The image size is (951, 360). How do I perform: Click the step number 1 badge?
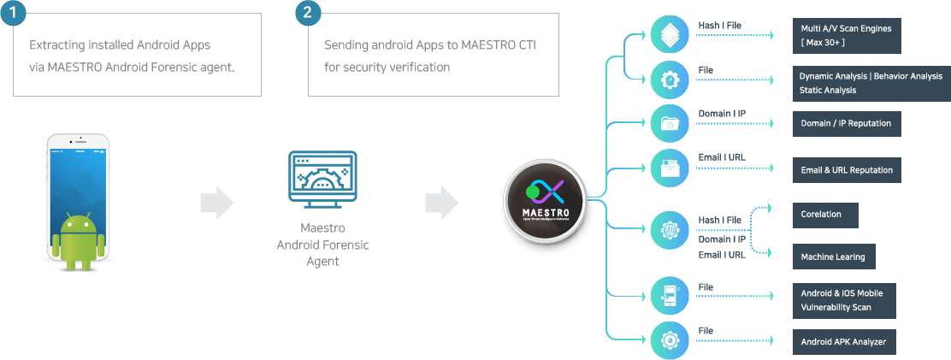[14, 14]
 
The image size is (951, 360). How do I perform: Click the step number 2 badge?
[309, 14]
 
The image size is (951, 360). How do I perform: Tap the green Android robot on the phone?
[78, 240]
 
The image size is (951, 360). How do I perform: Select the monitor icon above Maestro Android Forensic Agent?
[322, 180]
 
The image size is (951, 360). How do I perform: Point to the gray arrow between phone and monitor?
[216, 203]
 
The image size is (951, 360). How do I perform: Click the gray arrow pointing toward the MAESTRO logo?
[441, 203]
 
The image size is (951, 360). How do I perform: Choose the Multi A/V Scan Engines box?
[846, 35]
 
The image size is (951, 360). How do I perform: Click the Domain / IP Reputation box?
[846, 123]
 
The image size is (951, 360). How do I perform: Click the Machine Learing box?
[833, 257]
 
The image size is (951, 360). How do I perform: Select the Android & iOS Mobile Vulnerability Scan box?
[843, 299]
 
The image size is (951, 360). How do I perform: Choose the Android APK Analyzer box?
[843, 342]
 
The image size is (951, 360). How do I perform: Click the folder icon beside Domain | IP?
[667, 123]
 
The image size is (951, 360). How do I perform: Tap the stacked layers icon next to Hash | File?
[667, 34]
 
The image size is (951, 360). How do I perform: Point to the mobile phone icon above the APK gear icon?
[667, 294]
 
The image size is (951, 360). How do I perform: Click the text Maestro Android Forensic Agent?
[322, 245]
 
